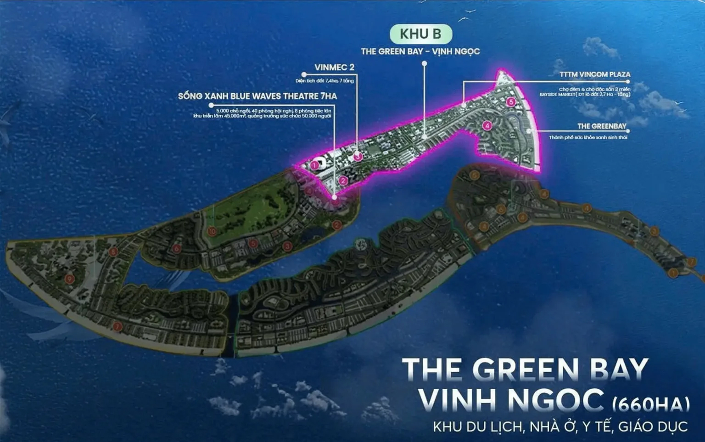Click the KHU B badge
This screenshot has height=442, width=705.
420,34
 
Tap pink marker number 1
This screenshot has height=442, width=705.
314,165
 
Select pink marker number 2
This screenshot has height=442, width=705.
343,181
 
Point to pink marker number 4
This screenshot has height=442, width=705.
487,125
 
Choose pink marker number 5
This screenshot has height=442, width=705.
511,102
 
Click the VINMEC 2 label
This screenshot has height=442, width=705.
334,67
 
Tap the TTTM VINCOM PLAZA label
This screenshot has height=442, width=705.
594,74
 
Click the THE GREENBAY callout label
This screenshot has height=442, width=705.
601,126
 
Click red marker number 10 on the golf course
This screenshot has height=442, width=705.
212,231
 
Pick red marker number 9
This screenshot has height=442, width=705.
70,279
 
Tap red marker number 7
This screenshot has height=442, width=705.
117,327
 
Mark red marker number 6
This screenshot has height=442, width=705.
177,248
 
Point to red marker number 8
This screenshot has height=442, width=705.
113,252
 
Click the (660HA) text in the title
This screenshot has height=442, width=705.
651,404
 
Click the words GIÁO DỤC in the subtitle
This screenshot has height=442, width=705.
653,427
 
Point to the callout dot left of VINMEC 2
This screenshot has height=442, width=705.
304,74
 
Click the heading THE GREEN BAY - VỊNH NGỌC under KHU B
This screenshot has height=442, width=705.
420,51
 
